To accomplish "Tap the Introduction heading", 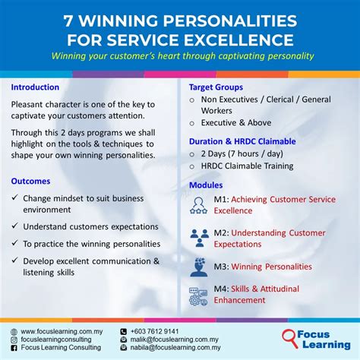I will tap(36, 87).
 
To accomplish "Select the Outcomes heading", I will tap(31, 181).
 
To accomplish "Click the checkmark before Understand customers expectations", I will tap(15, 226).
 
